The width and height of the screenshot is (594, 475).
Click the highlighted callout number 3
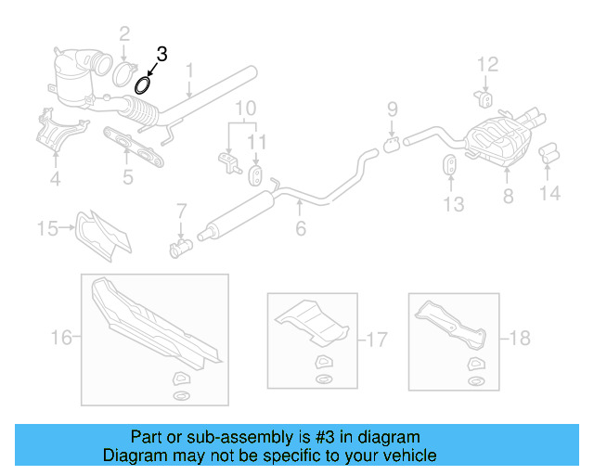pyautogui.click(x=161, y=55)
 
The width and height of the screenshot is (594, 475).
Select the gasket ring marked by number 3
pyautogui.click(x=143, y=86)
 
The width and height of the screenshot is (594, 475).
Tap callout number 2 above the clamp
pyautogui.click(x=123, y=35)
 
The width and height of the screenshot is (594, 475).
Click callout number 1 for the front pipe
pyautogui.click(x=189, y=70)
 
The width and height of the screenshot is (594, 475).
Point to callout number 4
pyautogui.click(x=55, y=178)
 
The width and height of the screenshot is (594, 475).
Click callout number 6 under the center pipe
pyautogui.click(x=300, y=228)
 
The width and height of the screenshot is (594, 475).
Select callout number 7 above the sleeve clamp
pyautogui.click(x=182, y=211)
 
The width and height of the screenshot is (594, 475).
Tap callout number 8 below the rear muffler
pyautogui.click(x=508, y=196)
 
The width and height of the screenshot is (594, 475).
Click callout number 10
pyautogui.click(x=245, y=109)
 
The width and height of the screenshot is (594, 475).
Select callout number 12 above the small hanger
pyautogui.click(x=487, y=64)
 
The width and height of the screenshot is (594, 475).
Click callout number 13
pyautogui.click(x=453, y=204)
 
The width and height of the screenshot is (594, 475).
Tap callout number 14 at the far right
pyautogui.click(x=550, y=194)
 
